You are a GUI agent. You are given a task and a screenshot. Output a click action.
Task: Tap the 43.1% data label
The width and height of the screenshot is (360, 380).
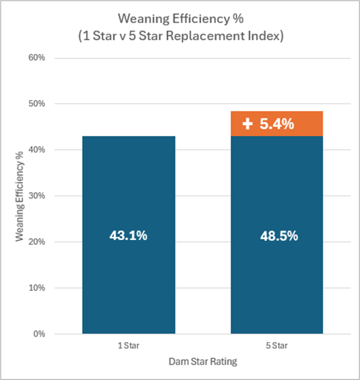click(128, 236)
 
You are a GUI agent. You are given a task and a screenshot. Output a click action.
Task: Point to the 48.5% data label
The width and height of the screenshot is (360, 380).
click(279, 236)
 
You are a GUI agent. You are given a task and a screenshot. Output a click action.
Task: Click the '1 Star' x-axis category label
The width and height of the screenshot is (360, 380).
click(128, 345)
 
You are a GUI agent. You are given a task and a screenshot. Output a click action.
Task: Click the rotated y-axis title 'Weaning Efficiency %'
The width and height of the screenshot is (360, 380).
click(19, 195)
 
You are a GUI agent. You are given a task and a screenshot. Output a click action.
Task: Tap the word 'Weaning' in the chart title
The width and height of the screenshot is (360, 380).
click(138, 19)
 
